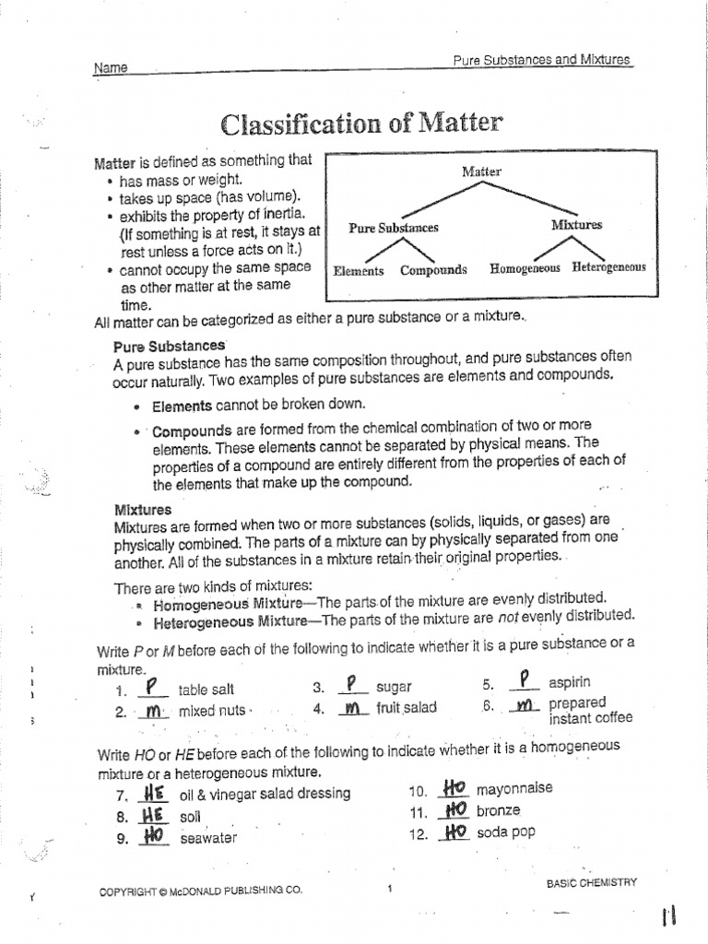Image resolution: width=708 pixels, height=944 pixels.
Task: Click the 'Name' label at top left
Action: tap(111, 68)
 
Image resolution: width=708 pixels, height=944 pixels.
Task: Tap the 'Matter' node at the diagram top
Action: tap(481, 171)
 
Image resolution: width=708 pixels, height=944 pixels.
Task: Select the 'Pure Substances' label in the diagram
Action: tap(394, 228)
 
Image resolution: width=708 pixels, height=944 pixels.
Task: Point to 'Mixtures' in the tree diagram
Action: tap(576, 224)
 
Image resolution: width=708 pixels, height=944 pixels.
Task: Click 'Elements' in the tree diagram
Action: tap(359, 271)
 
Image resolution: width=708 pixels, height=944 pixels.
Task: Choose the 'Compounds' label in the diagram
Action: tap(433, 270)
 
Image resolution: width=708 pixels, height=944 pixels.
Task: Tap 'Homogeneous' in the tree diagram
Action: tap(525, 268)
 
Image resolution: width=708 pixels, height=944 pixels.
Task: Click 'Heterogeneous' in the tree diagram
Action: tap(608, 267)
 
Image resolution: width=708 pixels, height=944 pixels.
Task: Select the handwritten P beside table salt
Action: tap(153, 687)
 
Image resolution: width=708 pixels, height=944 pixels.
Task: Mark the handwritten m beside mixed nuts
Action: tap(154, 711)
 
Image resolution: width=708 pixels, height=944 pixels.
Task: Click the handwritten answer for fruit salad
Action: tap(350, 709)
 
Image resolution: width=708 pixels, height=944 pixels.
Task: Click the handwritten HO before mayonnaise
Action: tap(453, 788)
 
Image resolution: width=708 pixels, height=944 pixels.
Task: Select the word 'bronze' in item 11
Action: tap(498, 811)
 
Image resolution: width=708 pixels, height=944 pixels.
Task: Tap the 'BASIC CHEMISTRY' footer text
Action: tap(592, 882)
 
